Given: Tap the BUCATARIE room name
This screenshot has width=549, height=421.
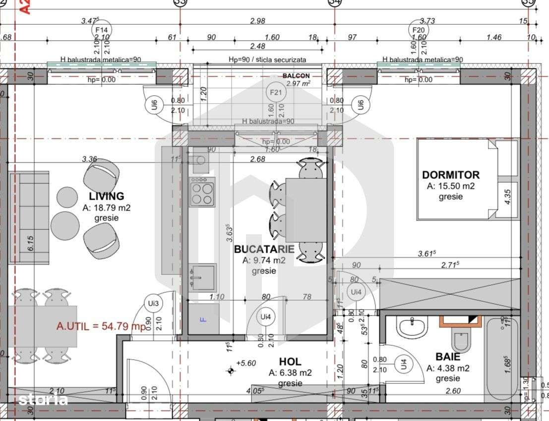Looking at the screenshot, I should [x=264, y=249].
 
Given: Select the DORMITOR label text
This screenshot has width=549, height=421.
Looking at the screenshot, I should [x=450, y=175].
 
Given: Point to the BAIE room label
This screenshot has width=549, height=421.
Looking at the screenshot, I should [x=447, y=357].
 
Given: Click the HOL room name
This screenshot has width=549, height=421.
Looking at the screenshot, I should [x=290, y=362].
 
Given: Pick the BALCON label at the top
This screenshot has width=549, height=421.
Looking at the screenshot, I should [x=296, y=76].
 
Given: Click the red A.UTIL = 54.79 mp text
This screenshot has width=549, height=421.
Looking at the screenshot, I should [x=101, y=326].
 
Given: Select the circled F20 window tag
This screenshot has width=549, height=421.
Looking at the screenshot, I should [x=419, y=30].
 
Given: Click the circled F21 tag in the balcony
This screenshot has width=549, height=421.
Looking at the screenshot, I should [x=275, y=92].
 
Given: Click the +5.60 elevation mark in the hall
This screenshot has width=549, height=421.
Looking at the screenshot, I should [x=245, y=363].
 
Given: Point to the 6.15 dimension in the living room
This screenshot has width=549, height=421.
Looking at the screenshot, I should [x=30, y=243].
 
